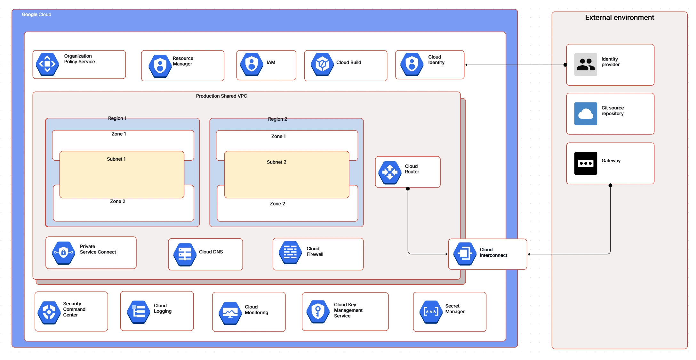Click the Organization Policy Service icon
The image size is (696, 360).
click(x=47, y=64)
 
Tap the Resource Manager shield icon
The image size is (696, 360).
click(x=160, y=66)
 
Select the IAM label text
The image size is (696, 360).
click(x=271, y=62)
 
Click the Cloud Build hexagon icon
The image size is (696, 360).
click(x=322, y=64)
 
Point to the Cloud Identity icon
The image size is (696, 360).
click(x=412, y=64)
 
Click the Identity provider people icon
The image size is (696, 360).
click(x=585, y=64)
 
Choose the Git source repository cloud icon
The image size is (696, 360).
click(x=585, y=114)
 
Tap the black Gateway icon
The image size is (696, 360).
click(x=585, y=163)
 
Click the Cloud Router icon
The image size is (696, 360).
click(x=390, y=172)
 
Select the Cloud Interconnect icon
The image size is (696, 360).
click(x=465, y=254)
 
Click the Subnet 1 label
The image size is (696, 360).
click(x=116, y=159)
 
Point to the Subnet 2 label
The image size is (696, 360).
click(x=276, y=162)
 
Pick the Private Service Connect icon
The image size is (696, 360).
click(x=63, y=253)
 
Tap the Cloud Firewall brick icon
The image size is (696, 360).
click(x=290, y=252)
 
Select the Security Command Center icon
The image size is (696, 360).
click(x=49, y=312)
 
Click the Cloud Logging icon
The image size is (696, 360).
click(x=139, y=312)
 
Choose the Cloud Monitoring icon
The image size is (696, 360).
click(x=230, y=313)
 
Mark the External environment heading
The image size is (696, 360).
click(x=619, y=18)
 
